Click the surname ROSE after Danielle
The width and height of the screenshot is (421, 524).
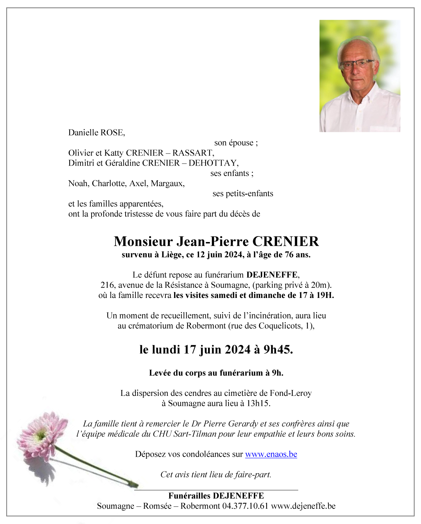point(112,133)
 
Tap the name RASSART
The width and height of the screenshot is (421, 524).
point(193,153)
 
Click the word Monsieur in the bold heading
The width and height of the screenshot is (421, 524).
point(143,242)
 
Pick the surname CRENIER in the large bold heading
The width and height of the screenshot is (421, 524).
point(285,242)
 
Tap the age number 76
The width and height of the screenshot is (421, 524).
point(289,255)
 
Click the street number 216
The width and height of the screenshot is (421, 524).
point(107,285)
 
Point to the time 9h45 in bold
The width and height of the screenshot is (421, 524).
point(278,350)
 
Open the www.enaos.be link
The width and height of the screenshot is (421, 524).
point(271,455)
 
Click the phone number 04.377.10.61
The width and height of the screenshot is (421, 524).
point(245,506)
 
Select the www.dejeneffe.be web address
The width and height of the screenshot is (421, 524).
point(303,506)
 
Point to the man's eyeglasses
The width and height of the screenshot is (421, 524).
point(356,65)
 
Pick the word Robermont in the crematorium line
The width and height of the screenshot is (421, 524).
point(206,326)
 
